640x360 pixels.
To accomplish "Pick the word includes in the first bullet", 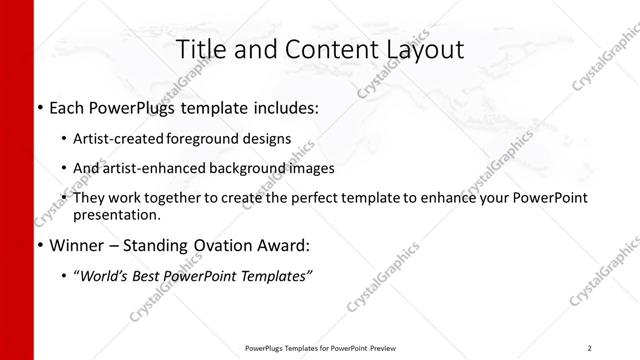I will pyautogui.click(x=283, y=107).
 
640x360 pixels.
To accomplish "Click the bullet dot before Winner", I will pyautogui.click(x=39, y=246).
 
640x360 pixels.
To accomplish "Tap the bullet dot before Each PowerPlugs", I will pyautogui.click(x=39, y=107).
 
